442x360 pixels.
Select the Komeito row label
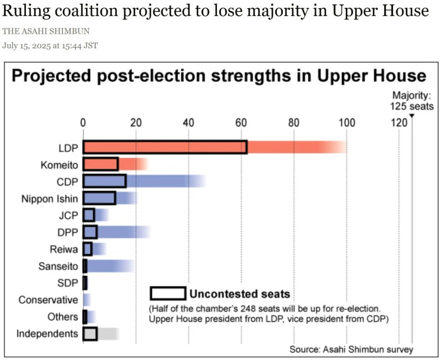pos(58,164)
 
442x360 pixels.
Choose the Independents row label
pos(47,333)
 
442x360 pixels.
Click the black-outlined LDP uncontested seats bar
pos(165,147)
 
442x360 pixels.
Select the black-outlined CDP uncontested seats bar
pos(105,181)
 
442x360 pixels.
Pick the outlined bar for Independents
pos(90,333)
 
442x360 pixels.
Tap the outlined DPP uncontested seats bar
pos(90,232)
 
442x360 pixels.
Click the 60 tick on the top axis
pos(241,123)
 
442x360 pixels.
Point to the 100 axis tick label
pos(347,123)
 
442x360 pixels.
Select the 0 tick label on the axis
pos(83,123)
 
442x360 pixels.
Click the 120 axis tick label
pos(399,123)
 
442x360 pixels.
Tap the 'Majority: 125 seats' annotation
pos(411,101)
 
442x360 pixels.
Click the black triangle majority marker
pos(411,115)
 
